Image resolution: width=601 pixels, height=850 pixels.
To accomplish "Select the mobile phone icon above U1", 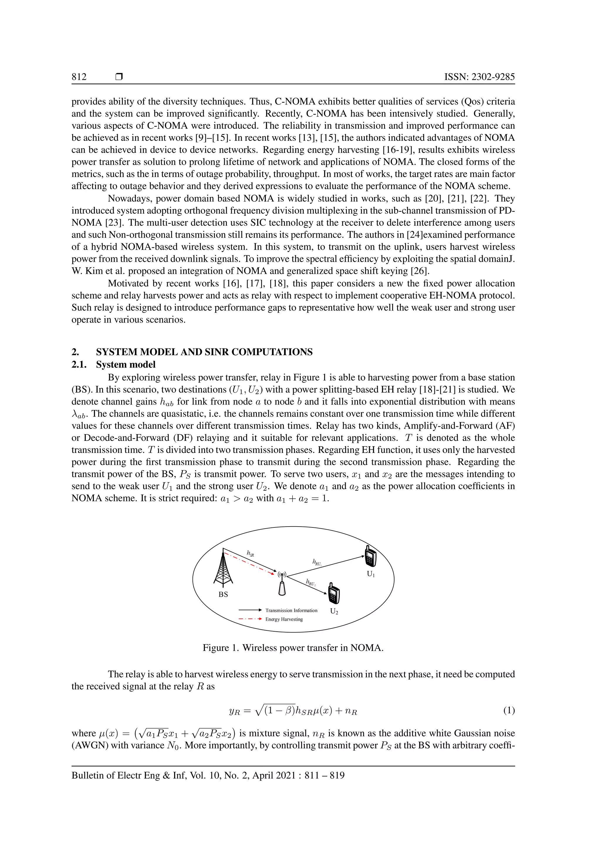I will pos(370,556).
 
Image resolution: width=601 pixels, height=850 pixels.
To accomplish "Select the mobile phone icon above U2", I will pos(333,593).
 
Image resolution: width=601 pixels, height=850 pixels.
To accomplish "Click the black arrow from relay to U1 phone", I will pos(326,566).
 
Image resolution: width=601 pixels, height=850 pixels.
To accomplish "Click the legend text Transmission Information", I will pos(291,610).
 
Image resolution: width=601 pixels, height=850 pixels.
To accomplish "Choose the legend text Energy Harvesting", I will pos(284,619).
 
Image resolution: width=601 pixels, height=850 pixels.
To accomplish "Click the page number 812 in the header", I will pos(79,77).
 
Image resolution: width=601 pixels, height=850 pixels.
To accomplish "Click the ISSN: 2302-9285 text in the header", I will pos(479,77).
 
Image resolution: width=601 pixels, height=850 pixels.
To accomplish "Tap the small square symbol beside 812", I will pos(119,77).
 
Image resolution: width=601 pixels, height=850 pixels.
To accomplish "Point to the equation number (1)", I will pos(509,710).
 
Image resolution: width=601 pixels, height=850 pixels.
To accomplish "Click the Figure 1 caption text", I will pos(293,648).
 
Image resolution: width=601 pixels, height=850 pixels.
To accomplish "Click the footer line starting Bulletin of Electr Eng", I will pos(208,775).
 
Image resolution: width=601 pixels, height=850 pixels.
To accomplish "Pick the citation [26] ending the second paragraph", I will pos(420,271).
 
